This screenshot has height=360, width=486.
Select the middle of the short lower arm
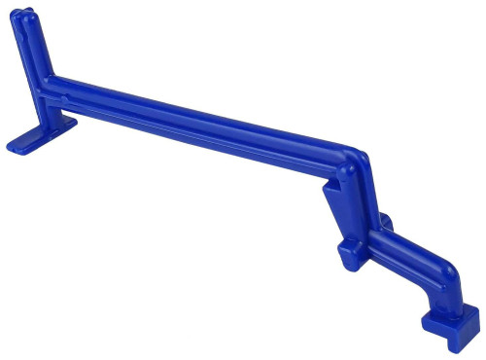pos(408,257)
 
